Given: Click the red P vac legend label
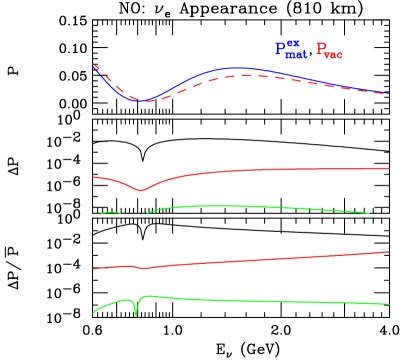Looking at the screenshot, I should click(x=329, y=51).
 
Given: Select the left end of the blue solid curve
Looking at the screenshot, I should click(x=93, y=66).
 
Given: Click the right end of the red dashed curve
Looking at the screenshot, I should click(x=389, y=94).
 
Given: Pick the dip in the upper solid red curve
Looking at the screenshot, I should click(x=140, y=190).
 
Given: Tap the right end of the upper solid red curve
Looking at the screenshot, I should click(x=389, y=168).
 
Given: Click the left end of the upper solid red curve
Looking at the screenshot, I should click(x=93, y=177).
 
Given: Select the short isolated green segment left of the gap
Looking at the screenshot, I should click(x=110, y=212).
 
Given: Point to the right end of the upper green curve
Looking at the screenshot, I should click(x=370, y=213).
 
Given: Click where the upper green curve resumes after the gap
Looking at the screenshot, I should click(x=147, y=212).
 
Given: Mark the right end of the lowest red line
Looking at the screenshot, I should click(x=389, y=252).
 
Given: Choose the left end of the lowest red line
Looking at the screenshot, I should click(x=93, y=269).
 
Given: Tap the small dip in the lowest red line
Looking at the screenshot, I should click(x=144, y=269).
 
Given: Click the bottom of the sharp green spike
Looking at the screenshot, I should click(x=136, y=316).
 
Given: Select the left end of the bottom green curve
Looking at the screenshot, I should click(x=93, y=314).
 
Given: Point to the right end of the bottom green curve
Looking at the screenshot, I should click(x=389, y=304).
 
